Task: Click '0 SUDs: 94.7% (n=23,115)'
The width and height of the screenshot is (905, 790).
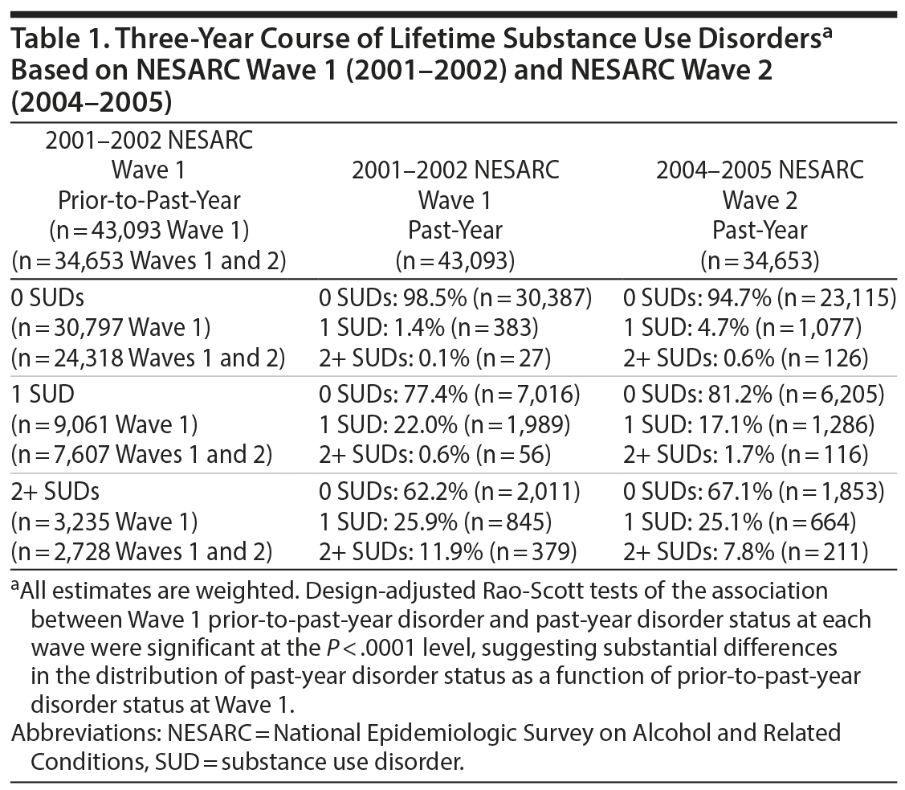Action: coord(760,297)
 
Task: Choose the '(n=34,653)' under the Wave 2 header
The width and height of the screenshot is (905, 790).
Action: coord(760,260)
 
